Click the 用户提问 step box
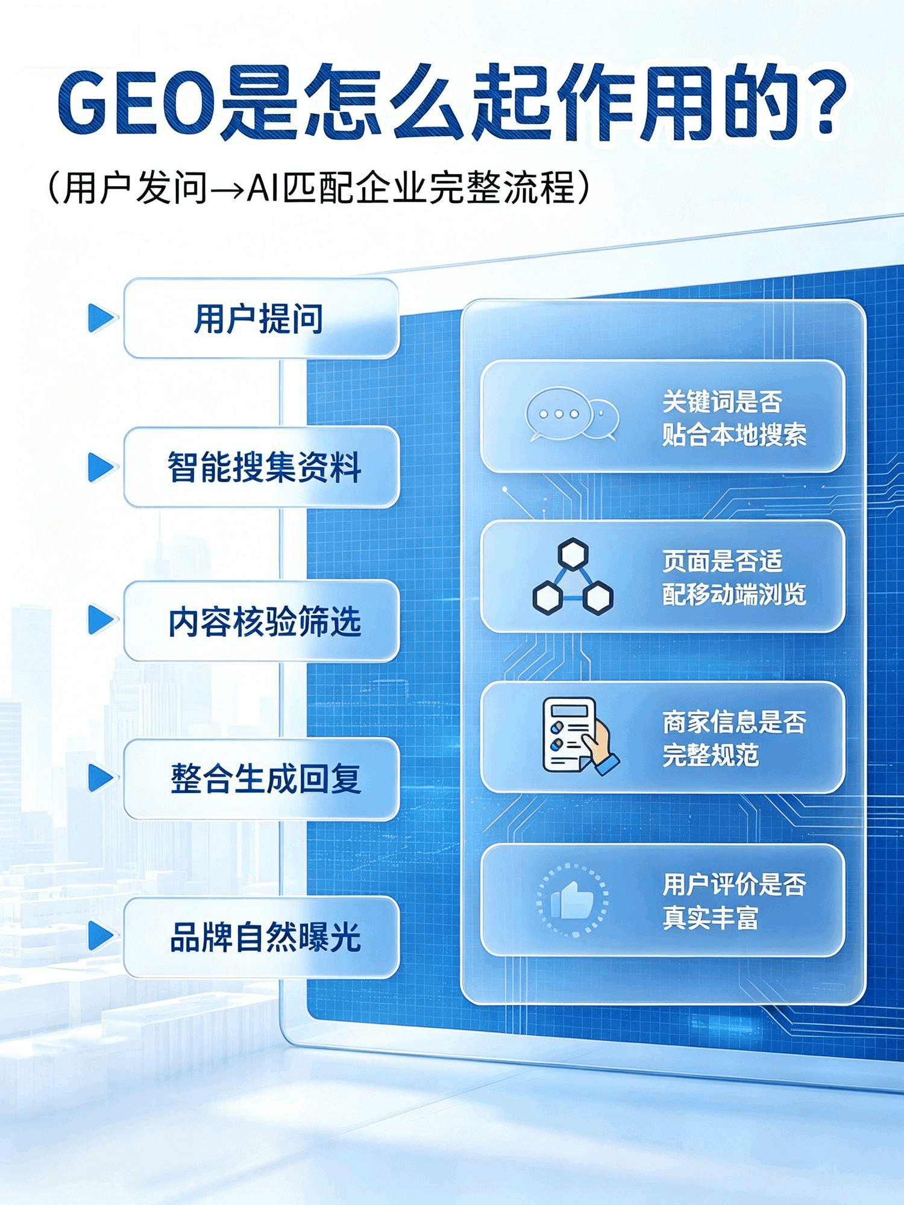[261, 318]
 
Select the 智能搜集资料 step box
[261, 467]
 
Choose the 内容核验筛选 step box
[261, 621]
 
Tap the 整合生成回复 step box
[261, 778]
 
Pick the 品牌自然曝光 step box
[261, 937]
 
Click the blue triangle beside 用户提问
[100, 318]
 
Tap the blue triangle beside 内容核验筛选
[100, 621]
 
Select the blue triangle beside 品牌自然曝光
[100, 937]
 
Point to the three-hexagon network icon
[573, 575]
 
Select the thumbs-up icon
[572, 899]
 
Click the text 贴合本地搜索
[733, 434]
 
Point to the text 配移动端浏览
[733, 594]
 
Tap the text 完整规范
[710, 754]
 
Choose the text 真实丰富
[710, 918]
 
